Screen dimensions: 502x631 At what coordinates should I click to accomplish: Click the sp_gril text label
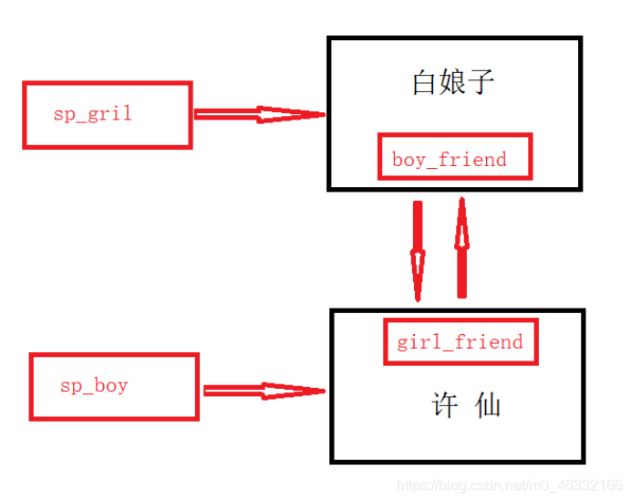93,114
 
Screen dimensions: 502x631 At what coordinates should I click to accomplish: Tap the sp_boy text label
94,386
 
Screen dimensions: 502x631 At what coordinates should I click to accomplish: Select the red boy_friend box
454,156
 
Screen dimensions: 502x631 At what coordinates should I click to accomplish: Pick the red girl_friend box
460,342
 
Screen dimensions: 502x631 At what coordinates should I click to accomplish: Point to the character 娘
453,84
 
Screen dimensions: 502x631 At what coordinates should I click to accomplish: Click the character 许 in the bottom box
445,405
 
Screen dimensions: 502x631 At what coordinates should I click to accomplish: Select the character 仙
488,405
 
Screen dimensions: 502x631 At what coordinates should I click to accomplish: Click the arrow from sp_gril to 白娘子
259,114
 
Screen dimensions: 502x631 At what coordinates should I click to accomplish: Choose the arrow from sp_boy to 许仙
264,390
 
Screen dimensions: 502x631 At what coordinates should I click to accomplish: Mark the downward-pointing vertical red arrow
419,250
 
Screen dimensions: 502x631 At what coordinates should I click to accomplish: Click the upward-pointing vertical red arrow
461,248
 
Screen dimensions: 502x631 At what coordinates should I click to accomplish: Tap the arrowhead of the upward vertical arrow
461,223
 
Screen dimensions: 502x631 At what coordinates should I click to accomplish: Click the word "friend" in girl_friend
491,342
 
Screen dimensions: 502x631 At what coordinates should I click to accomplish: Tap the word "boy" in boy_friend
408,160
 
